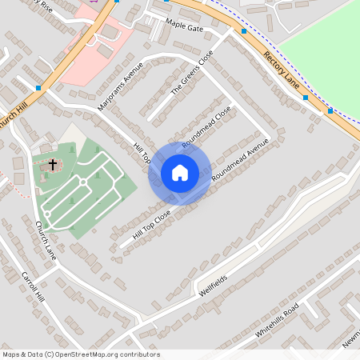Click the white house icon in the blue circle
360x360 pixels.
pyautogui.click(x=180, y=173)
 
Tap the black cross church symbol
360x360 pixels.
pyautogui.click(x=53, y=165)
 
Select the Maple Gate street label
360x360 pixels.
pyautogui.click(x=185, y=28)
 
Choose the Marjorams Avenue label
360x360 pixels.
pyautogui.click(x=120, y=86)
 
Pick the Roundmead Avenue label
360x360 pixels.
pyautogui.click(x=239, y=162)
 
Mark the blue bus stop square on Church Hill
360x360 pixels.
pyautogui.click(x=38, y=87)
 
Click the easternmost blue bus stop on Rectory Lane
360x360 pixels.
pyautogui.click(x=330, y=110)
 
